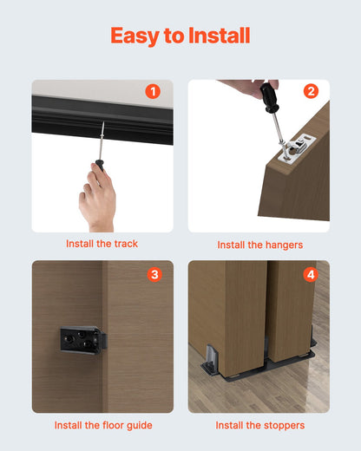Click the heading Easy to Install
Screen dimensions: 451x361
click(x=180, y=36)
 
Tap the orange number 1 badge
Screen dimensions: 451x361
click(x=154, y=91)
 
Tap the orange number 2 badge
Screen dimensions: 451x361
click(x=311, y=91)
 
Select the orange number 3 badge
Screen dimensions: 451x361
click(x=154, y=275)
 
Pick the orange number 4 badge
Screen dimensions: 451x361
click(x=311, y=275)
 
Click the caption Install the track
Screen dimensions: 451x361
click(x=102, y=244)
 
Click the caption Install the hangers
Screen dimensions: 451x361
click(x=259, y=245)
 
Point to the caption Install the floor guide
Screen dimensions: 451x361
click(x=102, y=425)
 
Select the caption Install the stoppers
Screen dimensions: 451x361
click(x=259, y=425)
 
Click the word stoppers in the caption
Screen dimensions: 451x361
click(x=282, y=425)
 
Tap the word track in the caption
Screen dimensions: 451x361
click(x=126, y=244)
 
